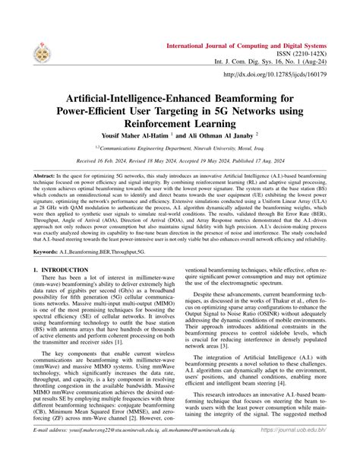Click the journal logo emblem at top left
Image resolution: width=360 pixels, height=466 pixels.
(34, 50)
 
